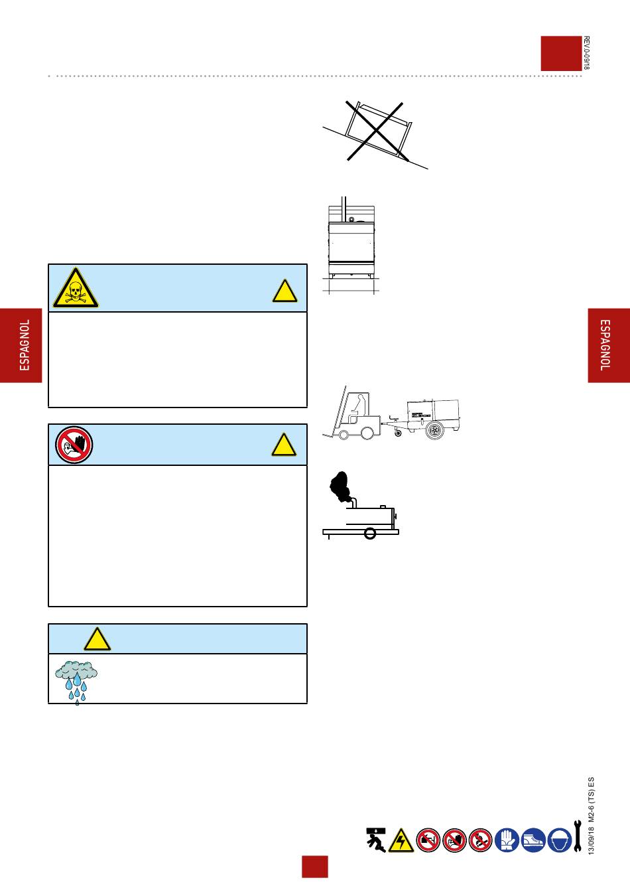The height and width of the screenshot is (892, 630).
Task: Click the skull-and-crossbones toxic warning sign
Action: tap(75, 289)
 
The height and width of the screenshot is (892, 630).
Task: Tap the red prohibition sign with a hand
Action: tap(74, 445)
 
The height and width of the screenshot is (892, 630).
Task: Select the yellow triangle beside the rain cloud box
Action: tap(97, 639)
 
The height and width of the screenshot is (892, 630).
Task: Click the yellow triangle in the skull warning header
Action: tap(284, 291)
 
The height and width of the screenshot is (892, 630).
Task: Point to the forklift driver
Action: tap(359, 406)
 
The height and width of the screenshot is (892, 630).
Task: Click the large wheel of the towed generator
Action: tap(437, 431)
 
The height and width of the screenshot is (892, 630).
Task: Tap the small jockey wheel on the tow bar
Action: tap(398, 435)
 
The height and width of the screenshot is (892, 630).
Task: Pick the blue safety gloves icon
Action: tap(507, 840)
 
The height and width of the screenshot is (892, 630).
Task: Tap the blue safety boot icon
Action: tap(534, 840)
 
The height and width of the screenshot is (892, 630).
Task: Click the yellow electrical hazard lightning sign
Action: tap(401, 840)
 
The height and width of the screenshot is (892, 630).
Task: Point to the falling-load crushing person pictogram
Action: tap(376, 839)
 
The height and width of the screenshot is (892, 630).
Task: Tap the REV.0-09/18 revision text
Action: tap(586, 53)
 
